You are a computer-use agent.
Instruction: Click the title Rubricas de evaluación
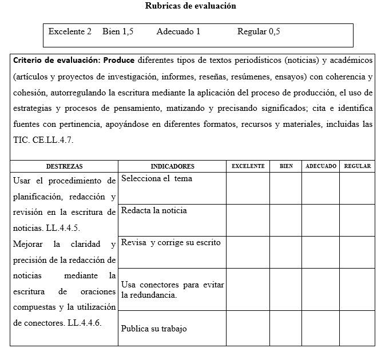coord(190,6)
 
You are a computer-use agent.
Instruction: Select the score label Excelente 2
coord(70,31)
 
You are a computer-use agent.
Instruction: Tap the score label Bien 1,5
coord(118,31)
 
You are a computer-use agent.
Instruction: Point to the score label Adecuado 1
coord(178,31)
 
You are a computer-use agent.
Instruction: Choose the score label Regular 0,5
coord(259,31)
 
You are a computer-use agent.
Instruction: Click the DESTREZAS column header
coord(64,166)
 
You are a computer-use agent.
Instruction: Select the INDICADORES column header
coord(172,166)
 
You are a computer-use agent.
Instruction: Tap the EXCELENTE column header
coord(248,166)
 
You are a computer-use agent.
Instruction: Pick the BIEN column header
coord(286,166)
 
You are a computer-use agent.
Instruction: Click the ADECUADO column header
coord(321,166)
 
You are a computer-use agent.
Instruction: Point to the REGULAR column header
coord(358,166)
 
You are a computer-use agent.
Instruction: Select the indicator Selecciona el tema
coord(157,179)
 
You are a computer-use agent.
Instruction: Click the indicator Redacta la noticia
coord(154,211)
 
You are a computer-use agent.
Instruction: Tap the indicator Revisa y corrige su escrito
coord(170,243)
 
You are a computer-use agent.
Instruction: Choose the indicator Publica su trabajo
coord(154,329)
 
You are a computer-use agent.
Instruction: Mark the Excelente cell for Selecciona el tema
coord(248,189)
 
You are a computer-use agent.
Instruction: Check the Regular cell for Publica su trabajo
coord(358,329)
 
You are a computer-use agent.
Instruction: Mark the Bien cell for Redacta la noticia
coord(286,221)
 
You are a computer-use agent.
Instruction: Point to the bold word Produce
coord(119,60)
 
